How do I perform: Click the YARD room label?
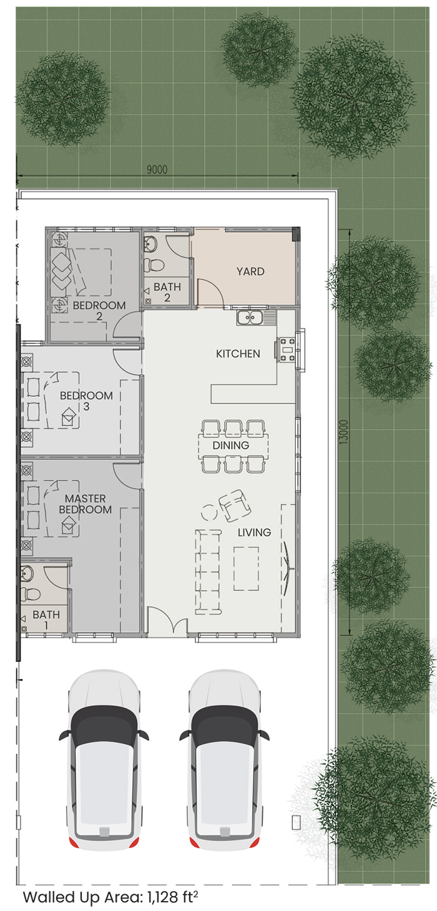[250, 271]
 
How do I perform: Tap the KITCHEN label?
[238, 354]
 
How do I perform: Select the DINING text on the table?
[230, 446]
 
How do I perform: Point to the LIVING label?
[254, 532]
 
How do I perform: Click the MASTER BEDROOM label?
[86, 504]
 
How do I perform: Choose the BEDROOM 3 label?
[86, 401]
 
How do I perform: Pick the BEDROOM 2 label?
[99, 311]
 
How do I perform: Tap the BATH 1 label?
[46, 620]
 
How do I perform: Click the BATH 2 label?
[167, 292]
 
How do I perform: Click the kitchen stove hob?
[287, 350]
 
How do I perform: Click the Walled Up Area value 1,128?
[162, 897]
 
